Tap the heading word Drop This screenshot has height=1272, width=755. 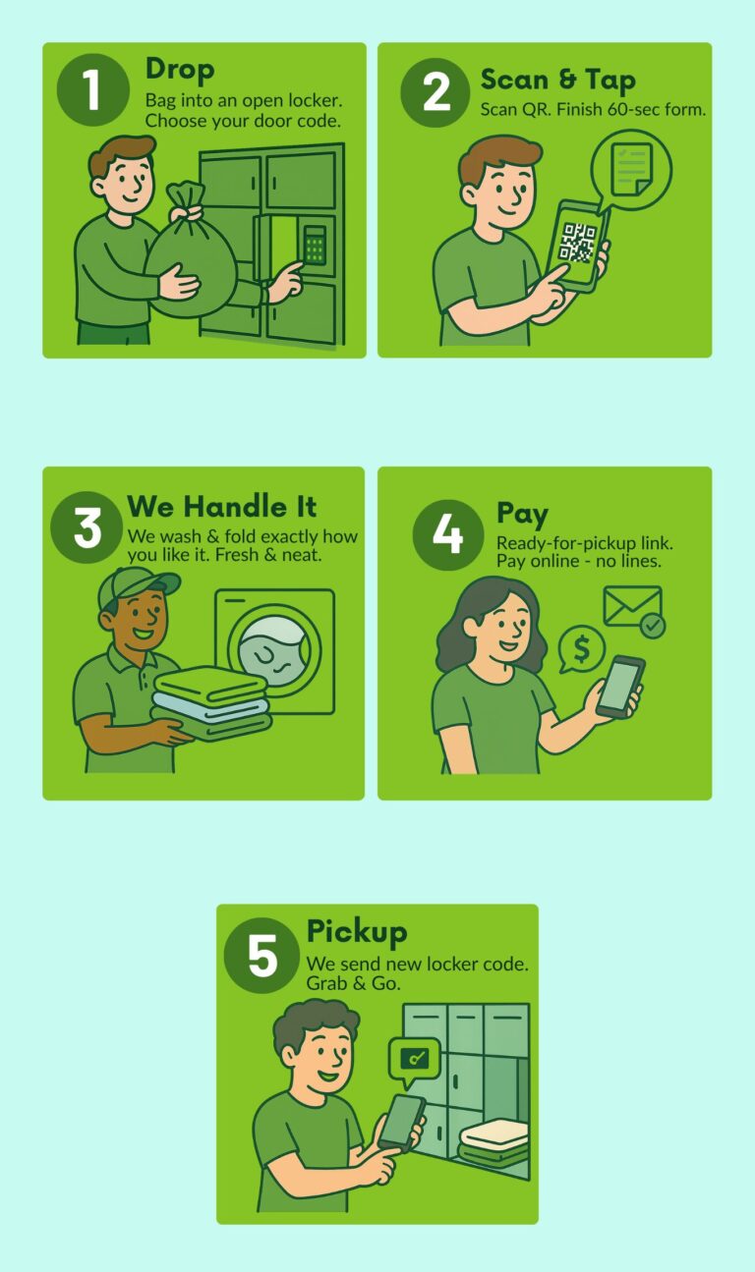pyautogui.click(x=179, y=69)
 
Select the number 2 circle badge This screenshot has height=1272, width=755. pyautogui.click(x=436, y=91)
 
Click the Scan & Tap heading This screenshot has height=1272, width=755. pyautogui.click(x=557, y=80)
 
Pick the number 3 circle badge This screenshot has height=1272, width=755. pyautogui.click(x=87, y=527)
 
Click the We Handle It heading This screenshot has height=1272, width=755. pyautogui.click(x=222, y=507)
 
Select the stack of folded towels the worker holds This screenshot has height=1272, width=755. pyautogui.click(x=211, y=704)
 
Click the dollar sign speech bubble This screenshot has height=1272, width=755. pyautogui.click(x=581, y=649)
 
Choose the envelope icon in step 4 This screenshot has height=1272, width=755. pyautogui.click(x=631, y=607)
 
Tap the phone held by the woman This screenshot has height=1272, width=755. pyautogui.click(x=620, y=687)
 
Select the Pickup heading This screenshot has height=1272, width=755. pyautogui.click(x=356, y=931)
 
